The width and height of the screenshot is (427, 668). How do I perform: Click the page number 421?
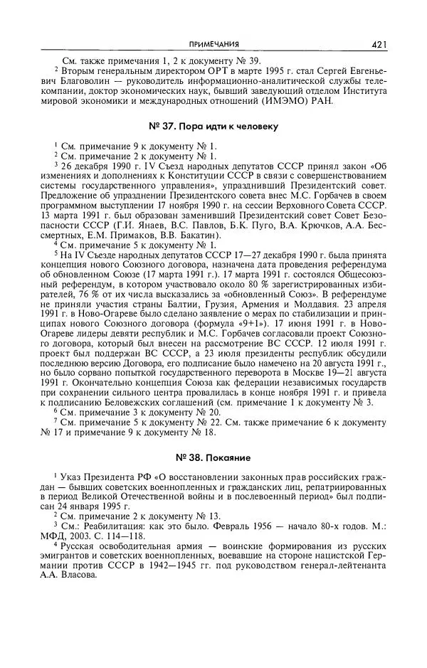point(379,45)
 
